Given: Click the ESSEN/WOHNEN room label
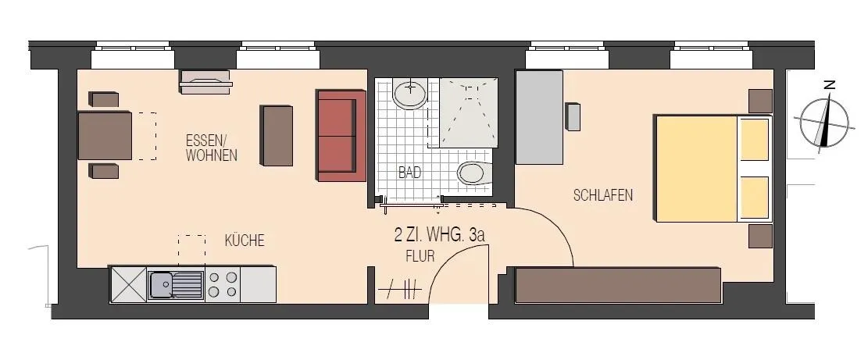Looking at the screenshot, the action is tap(212, 147).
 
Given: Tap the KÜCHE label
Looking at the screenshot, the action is tap(245, 241).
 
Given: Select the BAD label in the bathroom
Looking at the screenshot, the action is tap(409, 172).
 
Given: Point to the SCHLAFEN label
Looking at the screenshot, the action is tap(603, 195).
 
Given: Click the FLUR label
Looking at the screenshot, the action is tap(420, 256).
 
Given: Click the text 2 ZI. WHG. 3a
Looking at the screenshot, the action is tap(440, 235).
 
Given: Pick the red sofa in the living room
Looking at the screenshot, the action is tap(341, 135).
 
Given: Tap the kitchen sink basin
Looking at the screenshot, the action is tap(164, 285).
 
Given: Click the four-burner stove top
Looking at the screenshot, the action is tap(223, 284).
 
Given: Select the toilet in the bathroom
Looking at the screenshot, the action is tap(474, 173).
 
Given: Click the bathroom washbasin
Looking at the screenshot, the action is tap(410, 93).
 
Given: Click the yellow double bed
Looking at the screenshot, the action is tap(713, 168).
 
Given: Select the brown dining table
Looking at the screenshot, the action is tap(105, 135).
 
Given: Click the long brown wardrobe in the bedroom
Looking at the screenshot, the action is tap(618, 285).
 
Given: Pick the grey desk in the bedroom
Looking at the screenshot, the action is tap(539, 117).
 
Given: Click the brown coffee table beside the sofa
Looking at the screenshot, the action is tap(277, 136).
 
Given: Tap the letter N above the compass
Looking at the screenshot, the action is tap(829, 84).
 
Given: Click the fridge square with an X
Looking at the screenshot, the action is tap(128, 284).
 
